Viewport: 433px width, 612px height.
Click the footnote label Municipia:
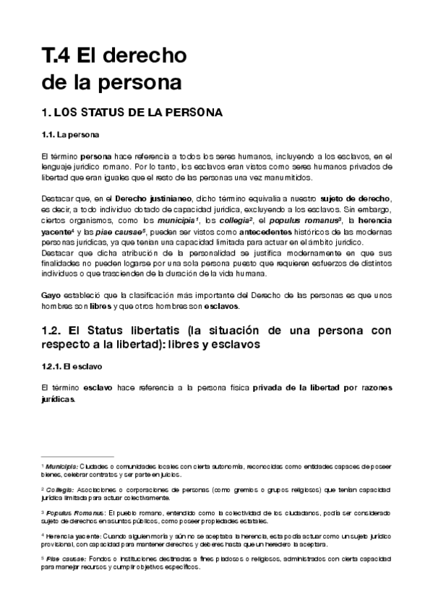click(64, 467)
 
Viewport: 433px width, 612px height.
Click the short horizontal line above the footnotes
click(68, 457)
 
